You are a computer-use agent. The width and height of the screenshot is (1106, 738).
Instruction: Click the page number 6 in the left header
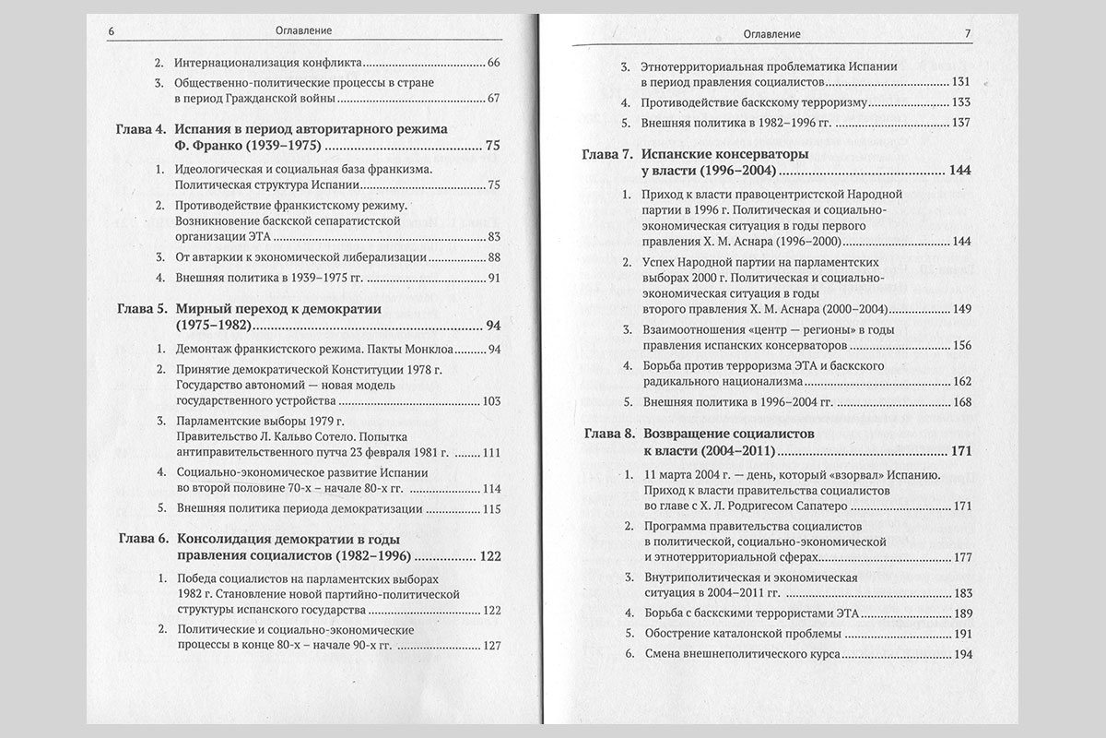[111, 30]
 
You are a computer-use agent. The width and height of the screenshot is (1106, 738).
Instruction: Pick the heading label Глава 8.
[609, 434]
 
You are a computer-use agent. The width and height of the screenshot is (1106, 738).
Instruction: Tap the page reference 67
[492, 99]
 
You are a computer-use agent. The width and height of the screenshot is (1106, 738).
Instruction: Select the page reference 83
[492, 237]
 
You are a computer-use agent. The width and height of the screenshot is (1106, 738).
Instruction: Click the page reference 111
[490, 454]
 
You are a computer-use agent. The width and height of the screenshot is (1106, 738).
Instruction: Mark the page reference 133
[961, 102]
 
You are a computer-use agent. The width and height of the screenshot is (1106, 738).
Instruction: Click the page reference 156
[961, 346]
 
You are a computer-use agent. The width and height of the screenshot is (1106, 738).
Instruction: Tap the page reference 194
[962, 654]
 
